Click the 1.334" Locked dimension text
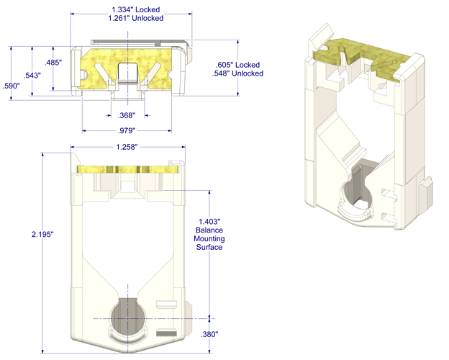point(136,9)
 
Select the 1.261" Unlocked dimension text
point(136,18)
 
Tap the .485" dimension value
point(53,62)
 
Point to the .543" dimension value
point(32,76)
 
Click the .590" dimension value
point(12,86)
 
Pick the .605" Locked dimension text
point(237,65)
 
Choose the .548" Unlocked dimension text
point(237,73)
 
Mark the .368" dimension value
point(127,115)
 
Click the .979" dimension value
point(127,131)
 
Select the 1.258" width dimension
point(127,147)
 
